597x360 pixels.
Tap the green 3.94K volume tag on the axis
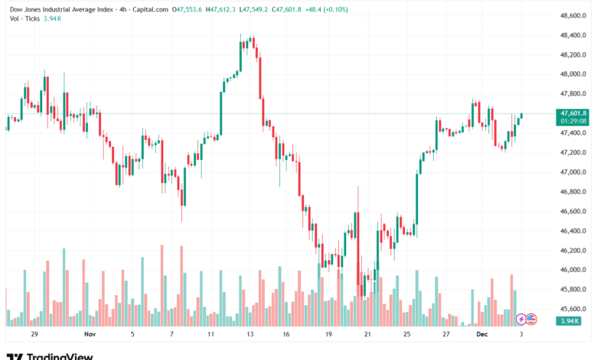pos(568,321)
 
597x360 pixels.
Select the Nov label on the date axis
pos(90,335)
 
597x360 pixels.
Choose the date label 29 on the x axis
pos(34,335)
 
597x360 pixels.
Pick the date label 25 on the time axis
pos(407,335)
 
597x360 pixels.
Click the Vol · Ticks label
pos(23,19)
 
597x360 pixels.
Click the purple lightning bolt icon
pos(521,319)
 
